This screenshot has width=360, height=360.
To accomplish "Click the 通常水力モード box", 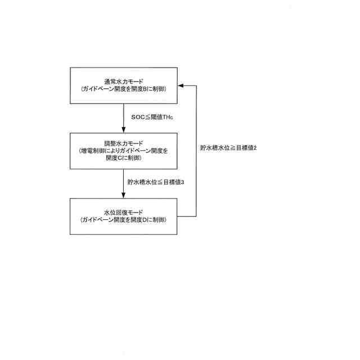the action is pos(124,85).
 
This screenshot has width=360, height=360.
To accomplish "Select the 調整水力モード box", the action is pos(124,151).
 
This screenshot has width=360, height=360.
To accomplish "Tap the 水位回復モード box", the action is pos(124,216).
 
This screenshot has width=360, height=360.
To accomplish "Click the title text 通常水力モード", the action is pos(124,82).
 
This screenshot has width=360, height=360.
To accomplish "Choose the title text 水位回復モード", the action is pos(124,212).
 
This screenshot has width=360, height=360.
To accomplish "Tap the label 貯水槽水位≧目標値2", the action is pos(228,148).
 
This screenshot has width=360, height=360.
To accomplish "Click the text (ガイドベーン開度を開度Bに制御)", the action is pos(124,89).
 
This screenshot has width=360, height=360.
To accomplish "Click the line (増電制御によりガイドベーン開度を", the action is pos(124,151).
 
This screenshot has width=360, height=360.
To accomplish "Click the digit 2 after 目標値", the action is pos(255,148).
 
